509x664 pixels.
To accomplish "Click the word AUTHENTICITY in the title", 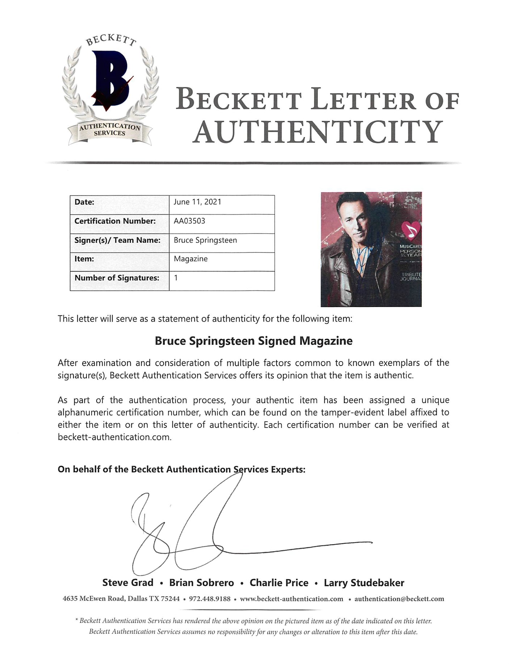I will click(x=317, y=132).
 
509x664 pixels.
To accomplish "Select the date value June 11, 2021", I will click(x=197, y=202).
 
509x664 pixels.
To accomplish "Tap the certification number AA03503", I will click(x=189, y=221).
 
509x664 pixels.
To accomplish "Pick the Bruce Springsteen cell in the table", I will click(x=205, y=240).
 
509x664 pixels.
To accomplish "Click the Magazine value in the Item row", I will click(x=191, y=259).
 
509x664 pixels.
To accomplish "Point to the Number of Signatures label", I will click(x=117, y=278).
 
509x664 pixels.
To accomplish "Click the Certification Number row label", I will click(x=115, y=221).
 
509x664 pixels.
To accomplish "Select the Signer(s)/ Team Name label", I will click(x=117, y=240).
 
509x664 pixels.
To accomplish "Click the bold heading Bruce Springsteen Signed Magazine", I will click(x=253, y=341).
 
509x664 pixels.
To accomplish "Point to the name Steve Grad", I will click(x=128, y=583).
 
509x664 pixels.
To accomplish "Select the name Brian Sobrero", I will click(x=202, y=583).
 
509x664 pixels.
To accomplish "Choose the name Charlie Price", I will click(x=279, y=583).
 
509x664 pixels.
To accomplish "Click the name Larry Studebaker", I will click(x=364, y=583).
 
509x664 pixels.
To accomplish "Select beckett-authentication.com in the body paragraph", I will click(x=114, y=437).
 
